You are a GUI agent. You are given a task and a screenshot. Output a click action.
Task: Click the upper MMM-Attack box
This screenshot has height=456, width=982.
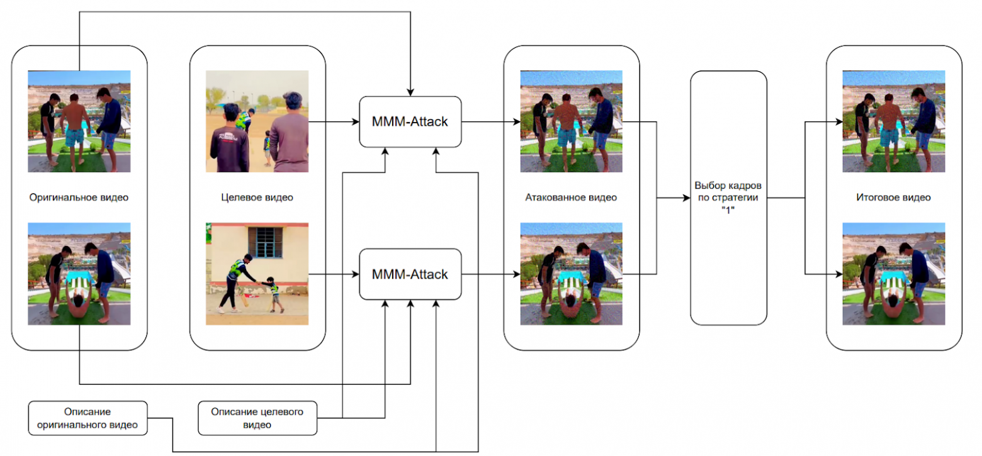[410, 121]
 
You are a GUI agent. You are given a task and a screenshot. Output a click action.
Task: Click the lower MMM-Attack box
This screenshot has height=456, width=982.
[410, 274]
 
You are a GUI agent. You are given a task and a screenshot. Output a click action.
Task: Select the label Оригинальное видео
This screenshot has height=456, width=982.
[79, 197]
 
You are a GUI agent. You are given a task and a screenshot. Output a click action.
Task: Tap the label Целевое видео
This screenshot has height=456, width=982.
[257, 197]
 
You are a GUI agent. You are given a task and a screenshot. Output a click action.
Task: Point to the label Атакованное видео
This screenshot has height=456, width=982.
[571, 197]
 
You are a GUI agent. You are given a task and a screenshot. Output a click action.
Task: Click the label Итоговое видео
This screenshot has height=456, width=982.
[893, 197]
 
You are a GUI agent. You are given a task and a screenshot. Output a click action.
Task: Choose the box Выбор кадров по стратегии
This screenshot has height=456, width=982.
[728, 197]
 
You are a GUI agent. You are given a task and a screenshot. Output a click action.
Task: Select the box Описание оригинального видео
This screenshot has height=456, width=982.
[87, 418]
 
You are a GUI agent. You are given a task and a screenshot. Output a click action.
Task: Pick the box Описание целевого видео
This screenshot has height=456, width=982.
[257, 418]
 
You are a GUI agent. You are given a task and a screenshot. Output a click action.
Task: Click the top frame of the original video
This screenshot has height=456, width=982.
[79, 121]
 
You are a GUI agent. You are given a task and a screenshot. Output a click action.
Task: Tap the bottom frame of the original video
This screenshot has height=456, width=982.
[79, 274]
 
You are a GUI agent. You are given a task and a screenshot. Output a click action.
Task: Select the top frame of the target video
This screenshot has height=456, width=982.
[257, 121]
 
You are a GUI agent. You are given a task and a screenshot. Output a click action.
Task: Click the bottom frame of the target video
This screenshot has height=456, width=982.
[257, 274]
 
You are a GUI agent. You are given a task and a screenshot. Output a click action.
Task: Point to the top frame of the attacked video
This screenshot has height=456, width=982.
[571, 121]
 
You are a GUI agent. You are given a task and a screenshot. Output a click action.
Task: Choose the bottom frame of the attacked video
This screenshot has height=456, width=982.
[571, 274]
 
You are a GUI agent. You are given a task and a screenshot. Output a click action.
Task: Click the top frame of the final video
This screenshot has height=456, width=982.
[893, 121]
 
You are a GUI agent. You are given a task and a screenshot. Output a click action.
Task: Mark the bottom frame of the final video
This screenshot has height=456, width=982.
[893, 274]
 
